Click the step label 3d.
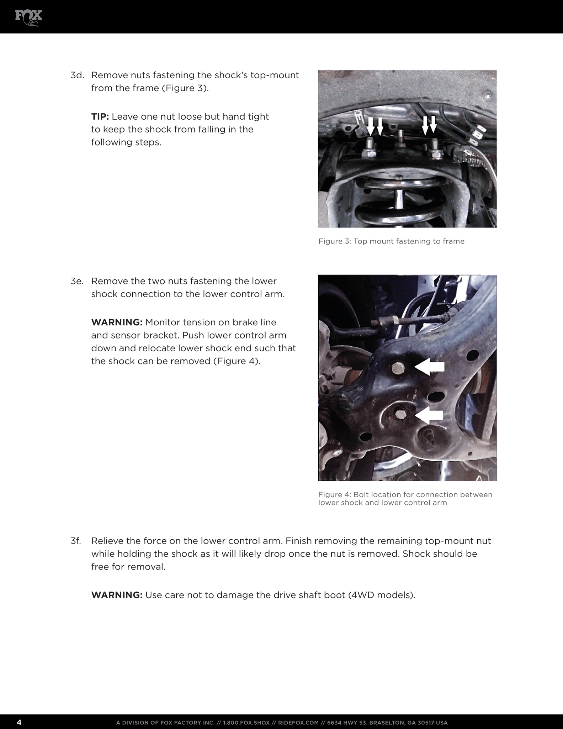[x=76, y=75]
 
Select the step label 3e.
[x=77, y=281]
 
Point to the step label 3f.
[x=76, y=541]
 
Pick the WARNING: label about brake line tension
[x=117, y=322]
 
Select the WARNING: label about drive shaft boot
[x=117, y=595]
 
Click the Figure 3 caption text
[x=391, y=241]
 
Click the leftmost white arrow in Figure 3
[x=370, y=127]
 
